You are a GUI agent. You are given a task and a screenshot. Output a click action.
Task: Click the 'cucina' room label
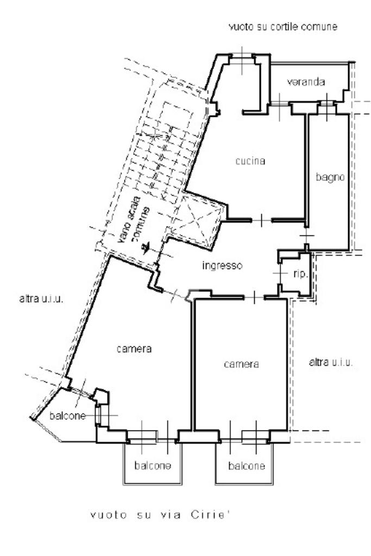click(250, 161)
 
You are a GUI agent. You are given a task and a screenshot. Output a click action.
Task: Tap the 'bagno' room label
click(330, 177)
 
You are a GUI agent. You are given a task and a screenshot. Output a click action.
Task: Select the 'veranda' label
click(306, 82)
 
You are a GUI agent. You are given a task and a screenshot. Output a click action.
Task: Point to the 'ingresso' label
click(222, 266)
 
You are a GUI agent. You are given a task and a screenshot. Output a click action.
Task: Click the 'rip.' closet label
click(300, 274)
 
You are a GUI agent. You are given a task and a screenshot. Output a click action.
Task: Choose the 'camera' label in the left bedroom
click(134, 349)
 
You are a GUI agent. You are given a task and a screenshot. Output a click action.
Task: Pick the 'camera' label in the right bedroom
click(241, 364)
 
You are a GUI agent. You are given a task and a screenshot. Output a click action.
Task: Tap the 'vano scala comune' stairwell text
click(134, 220)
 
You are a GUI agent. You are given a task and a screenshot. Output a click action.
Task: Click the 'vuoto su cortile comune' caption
click(283, 27)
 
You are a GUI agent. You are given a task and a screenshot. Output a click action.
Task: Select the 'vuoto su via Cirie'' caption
click(158, 515)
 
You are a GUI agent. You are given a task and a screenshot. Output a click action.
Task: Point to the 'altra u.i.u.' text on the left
click(41, 298)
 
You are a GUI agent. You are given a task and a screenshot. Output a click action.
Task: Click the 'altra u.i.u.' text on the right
click(331, 362)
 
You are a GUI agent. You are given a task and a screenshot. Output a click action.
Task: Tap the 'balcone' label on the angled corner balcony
click(67, 416)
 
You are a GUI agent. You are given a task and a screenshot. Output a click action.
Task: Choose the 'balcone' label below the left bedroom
click(153, 465)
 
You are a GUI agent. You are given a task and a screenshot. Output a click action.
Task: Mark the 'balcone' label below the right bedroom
click(247, 465)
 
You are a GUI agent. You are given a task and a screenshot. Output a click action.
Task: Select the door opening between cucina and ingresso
click(262, 221)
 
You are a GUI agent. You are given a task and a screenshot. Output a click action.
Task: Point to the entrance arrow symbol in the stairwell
click(146, 247)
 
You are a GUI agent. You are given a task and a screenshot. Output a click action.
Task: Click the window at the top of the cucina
click(242, 60)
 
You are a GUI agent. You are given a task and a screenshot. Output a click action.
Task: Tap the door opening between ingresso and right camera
click(254, 297)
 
